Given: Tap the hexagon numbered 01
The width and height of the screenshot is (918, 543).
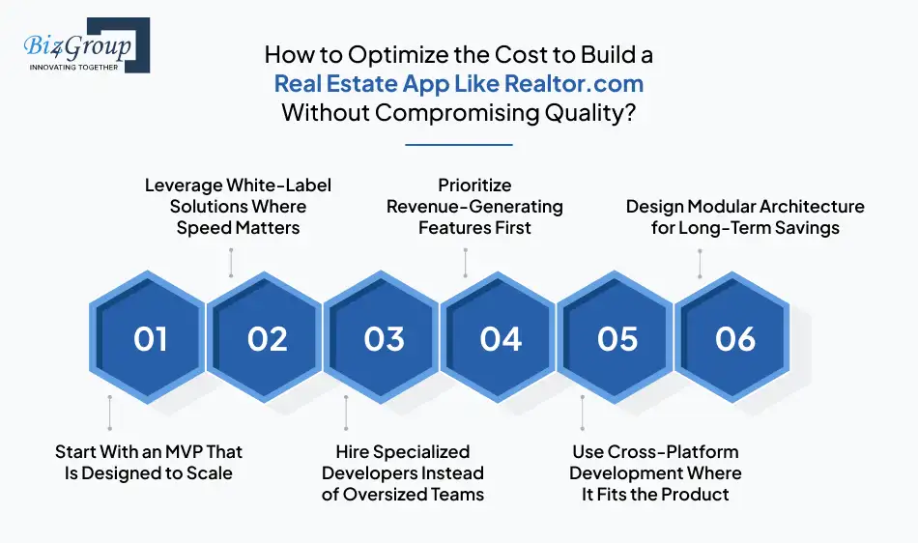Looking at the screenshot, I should [150, 339].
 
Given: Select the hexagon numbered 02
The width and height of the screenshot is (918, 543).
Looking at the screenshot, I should [267, 339].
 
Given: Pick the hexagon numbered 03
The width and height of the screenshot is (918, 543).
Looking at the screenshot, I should [384, 339].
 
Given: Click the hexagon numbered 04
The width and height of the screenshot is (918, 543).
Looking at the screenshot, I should [501, 339].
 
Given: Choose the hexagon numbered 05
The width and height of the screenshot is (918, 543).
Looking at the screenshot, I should [617, 339].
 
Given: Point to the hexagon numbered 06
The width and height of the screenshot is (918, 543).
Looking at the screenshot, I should [734, 339].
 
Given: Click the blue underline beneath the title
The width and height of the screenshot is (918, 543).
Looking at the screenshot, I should [458, 145].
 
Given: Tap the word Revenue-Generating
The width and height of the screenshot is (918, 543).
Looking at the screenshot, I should [474, 206].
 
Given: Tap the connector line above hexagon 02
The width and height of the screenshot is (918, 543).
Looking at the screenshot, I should [231, 262].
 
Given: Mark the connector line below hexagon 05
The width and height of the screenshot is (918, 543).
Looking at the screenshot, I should [582, 413].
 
